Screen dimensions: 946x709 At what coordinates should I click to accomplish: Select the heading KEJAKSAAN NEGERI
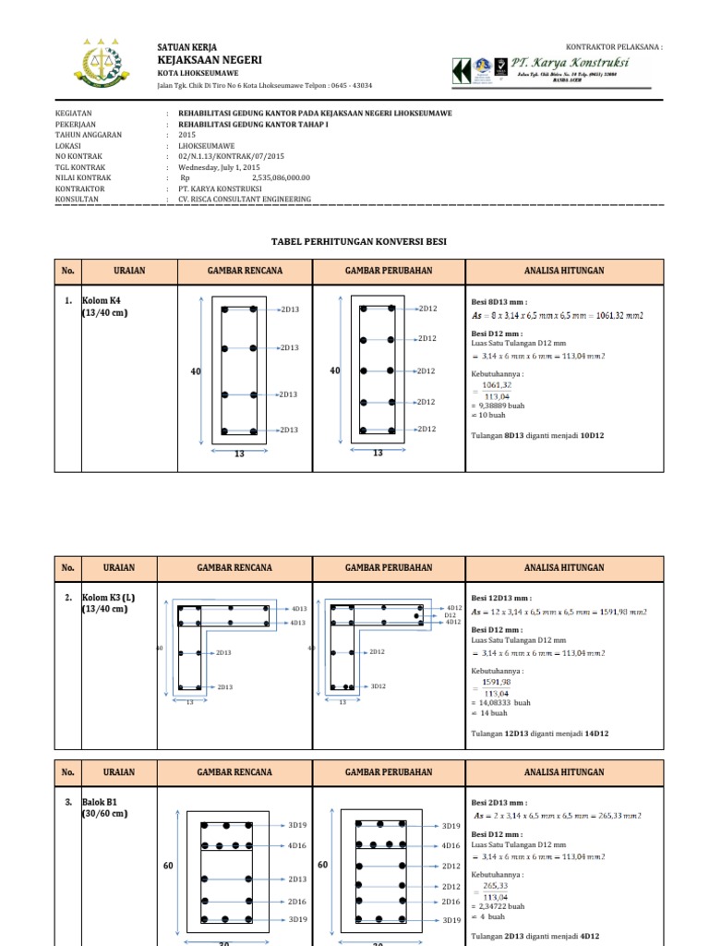coord(210,59)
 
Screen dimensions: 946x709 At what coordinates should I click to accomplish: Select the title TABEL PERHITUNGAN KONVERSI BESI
coord(358,241)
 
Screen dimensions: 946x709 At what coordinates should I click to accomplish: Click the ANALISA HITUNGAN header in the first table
coord(564,271)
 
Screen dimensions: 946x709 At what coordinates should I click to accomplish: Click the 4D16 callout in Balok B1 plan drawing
coord(297,845)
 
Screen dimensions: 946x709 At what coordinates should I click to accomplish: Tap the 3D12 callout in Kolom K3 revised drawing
coord(377,686)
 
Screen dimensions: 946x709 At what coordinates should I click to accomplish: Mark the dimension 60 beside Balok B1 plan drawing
coord(169,866)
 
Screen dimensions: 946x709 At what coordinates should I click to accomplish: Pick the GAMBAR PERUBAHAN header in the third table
coord(389,771)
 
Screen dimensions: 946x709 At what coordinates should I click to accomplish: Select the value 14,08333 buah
coord(501,703)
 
